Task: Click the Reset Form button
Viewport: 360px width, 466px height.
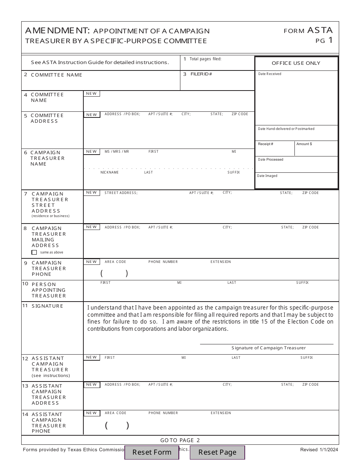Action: click(152, 452)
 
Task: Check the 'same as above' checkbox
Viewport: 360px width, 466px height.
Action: click(34, 252)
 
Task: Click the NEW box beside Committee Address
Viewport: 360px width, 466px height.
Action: click(92, 115)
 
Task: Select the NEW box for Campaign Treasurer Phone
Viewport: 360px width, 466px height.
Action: click(92, 262)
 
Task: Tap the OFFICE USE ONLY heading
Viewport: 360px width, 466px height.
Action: click(296, 63)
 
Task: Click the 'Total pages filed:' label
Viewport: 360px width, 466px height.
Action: click(205, 59)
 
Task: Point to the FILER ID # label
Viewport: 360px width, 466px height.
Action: click(201, 74)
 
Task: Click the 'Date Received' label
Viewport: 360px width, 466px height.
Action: click(269, 74)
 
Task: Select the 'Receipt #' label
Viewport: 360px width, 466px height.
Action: click(266, 144)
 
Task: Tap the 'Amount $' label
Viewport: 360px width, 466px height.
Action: click(304, 144)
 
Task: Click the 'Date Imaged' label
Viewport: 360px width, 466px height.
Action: click(267, 176)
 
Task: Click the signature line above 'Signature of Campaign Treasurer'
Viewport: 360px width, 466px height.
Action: click(266, 344)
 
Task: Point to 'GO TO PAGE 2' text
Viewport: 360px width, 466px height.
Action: click(180, 440)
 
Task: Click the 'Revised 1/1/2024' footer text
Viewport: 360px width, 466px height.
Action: click(319, 450)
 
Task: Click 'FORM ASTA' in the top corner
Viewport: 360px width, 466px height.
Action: click(308, 30)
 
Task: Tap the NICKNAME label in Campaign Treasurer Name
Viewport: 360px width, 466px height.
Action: click(110, 172)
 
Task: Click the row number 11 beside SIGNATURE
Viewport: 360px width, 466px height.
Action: click(25, 306)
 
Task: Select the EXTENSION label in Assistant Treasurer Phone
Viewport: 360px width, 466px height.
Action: click(221, 413)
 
